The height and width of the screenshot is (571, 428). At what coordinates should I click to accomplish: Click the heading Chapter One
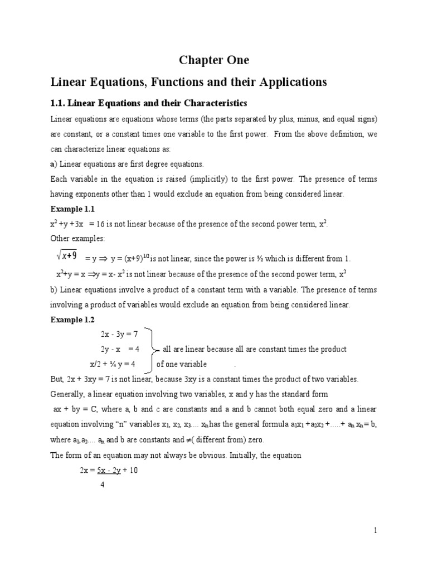tap(213, 60)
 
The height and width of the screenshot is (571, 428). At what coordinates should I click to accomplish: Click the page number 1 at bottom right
tap(376, 530)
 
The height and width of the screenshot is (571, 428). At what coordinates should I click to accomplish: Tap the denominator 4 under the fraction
tap(102, 485)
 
